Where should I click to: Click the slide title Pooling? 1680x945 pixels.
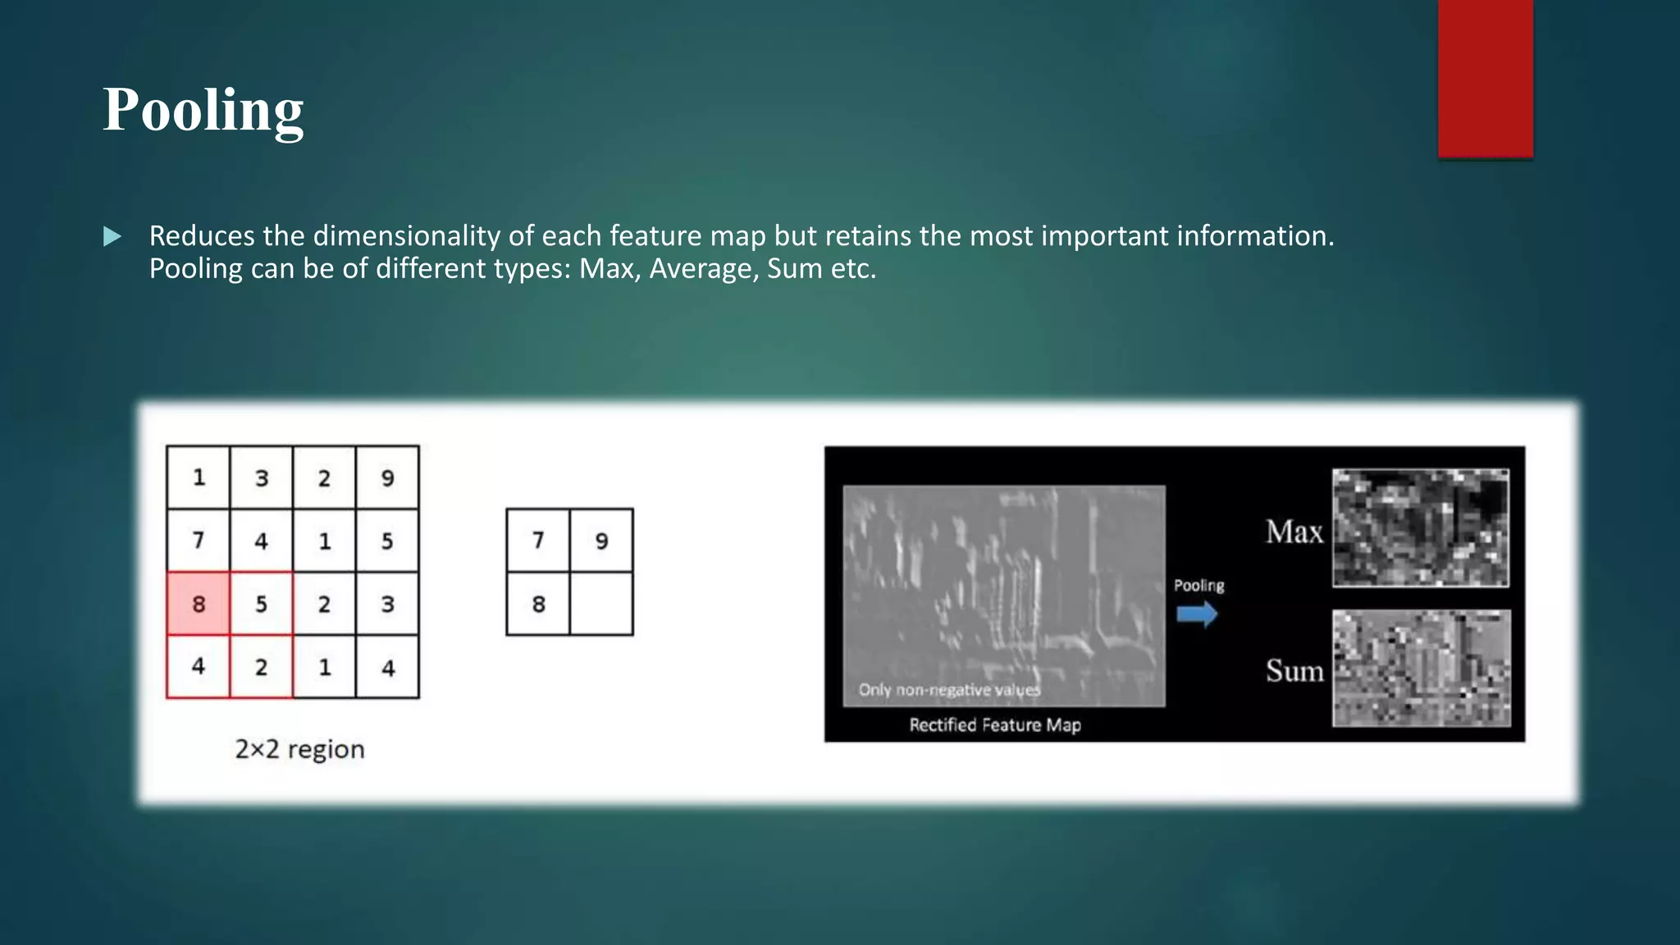pos(203,110)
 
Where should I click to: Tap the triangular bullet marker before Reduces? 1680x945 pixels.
pos(112,237)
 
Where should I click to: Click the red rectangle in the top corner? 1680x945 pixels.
pos(1485,78)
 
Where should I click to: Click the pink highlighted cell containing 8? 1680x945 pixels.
pos(199,604)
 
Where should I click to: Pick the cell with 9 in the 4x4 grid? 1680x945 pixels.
pos(387,477)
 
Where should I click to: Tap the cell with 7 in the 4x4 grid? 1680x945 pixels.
pos(199,541)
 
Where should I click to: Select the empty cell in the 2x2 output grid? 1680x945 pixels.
pos(601,604)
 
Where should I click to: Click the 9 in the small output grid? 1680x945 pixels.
pos(601,541)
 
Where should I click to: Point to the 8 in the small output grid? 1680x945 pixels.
pos(538,604)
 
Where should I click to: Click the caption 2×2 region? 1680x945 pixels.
pos(299,749)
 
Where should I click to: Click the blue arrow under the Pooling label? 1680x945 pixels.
pos(1197,614)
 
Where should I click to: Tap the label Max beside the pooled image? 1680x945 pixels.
pos(1294,532)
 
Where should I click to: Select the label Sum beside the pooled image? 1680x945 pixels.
pos(1294,671)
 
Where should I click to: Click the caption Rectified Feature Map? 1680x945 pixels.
pos(994,725)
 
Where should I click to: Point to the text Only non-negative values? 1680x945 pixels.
pos(949,690)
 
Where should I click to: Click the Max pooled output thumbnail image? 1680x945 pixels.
pos(1420,527)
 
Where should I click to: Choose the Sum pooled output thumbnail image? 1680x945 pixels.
pos(1421,668)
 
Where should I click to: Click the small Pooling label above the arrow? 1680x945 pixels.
pos(1198,586)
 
